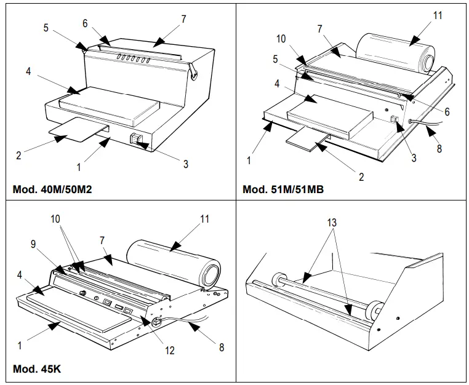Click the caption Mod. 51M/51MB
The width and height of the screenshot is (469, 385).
coord(283,188)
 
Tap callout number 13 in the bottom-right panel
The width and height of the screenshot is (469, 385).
coord(332,223)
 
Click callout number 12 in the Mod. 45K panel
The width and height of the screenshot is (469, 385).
coord(170,350)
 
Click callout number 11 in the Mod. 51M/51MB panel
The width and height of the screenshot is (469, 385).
coord(438,15)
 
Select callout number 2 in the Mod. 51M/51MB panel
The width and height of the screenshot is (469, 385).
coord(361,177)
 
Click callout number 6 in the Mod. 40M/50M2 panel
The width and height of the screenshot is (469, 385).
coord(85,22)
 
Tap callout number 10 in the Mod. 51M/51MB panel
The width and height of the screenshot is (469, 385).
coord(281,39)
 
